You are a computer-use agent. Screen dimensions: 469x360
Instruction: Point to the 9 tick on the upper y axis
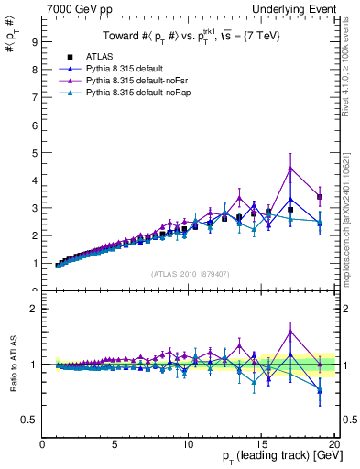[x=34, y=41]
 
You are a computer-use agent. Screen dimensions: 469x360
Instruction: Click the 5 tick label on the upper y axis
[x=34, y=152]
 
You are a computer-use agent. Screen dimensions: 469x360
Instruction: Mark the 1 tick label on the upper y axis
[x=34, y=264]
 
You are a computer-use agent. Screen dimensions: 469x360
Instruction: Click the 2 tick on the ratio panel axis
[x=34, y=309]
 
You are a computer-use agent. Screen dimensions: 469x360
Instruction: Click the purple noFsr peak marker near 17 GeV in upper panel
[x=290, y=168]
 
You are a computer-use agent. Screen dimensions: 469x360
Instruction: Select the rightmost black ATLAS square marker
[x=320, y=197]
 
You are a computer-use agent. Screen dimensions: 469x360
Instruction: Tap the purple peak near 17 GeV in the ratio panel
[x=290, y=332]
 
